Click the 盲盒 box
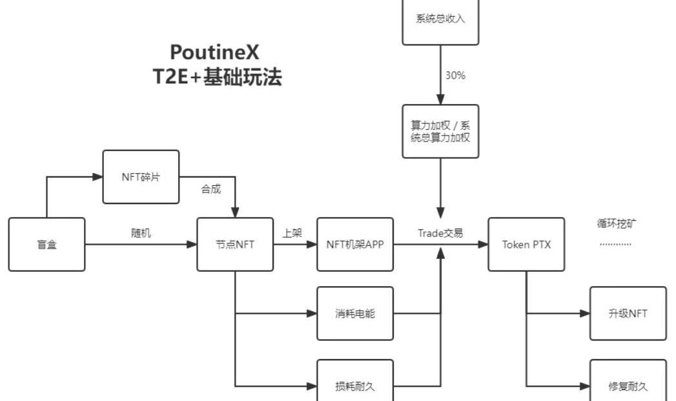coord(46,244)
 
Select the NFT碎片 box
coord(141,177)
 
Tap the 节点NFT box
coord(235,244)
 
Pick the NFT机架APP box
coord(355,244)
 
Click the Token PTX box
coord(526,244)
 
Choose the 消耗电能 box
coord(355,314)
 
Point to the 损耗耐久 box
coord(355,386)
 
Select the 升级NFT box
coord(628,314)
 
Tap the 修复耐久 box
coord(628,386)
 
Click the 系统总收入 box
coord(440,19)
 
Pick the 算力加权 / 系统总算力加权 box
coord(440,131)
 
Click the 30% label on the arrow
coord(455,75)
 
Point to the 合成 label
coord(211,189)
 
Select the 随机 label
coord(141,233)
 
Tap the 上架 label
coord(292,233)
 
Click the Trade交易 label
coord(440,233)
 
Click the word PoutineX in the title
coord(215,52)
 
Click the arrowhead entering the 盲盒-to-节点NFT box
coord(192,244)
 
